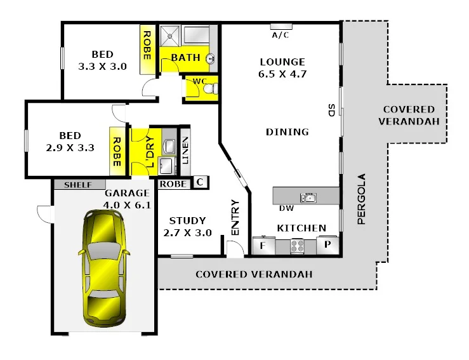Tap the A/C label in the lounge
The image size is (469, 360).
point(280,35)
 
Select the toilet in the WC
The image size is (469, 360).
point(209,90)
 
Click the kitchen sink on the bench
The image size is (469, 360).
point(309,197)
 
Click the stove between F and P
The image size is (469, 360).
point(298,246)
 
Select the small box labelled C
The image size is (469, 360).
point(199,183)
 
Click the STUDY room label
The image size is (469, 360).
point(187,221)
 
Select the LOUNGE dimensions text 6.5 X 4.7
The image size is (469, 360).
point(282,73)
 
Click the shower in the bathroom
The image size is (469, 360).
point(170,36)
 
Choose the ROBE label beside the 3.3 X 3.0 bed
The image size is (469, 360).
point(147,45)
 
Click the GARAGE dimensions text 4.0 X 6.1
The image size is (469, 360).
point(126,204)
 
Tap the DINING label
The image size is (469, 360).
point(287,132)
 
